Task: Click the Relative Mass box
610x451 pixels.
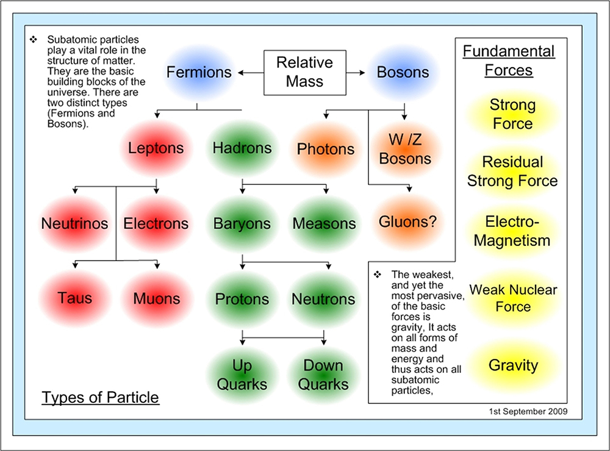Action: pyautogui.click(x=304, y=72)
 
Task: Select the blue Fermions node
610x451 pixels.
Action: pyautogui.click(x=199, y=73)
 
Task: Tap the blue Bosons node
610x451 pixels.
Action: pyautogui.click(x=403, y=73)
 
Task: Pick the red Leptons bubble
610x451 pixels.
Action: pyautogui.click(x=156, y=148)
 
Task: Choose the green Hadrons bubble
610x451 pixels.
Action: pyautogui.click(x=242, y=148)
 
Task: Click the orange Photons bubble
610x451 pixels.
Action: pyautogui.click(x=325, y=149)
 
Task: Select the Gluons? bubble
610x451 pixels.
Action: pyautogui.click(x=408, y=223)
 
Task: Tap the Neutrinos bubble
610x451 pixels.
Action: pyautogui.click(x=74, y=223)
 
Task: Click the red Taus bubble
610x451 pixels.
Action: pyautogui.click(x=75, y=298)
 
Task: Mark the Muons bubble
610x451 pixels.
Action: pyautogui.click(x=157, y=299)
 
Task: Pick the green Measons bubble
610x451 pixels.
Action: pyautogui.click(x=324, y=223)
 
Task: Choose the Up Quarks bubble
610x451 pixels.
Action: pyautogui.click(x=242, y=375)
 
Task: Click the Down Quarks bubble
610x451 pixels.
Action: pyautogui.click(x=323, y=375)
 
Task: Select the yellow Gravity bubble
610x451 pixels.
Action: pyautogui.click(x=513, y=366)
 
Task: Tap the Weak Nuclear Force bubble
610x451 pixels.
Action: pyautogui.click(x=513, y=297)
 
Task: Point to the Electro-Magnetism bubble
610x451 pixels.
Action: pyautogui.click(x=512, y=231)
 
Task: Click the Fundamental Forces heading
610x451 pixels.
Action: pyautogui.click(x=509, y=60)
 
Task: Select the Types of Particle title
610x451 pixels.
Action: pyautogui.click(x=100, y=398)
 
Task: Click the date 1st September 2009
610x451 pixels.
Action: pyautogui.click(x=528, y=411)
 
